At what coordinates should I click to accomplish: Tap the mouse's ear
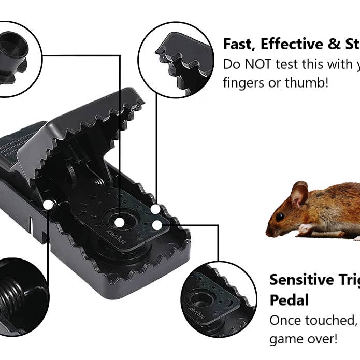299,195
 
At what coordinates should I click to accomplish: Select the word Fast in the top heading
239,45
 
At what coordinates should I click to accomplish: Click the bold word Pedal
289,300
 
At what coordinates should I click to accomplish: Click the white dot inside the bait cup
119,222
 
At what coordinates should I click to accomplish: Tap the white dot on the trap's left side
48,205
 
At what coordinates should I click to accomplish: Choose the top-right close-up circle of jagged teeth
176,60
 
